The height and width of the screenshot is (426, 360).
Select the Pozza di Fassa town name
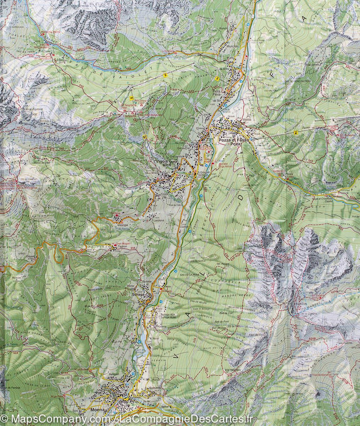click(x=232, y=141)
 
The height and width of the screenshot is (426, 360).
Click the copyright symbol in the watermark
click(x=4, y=418)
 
